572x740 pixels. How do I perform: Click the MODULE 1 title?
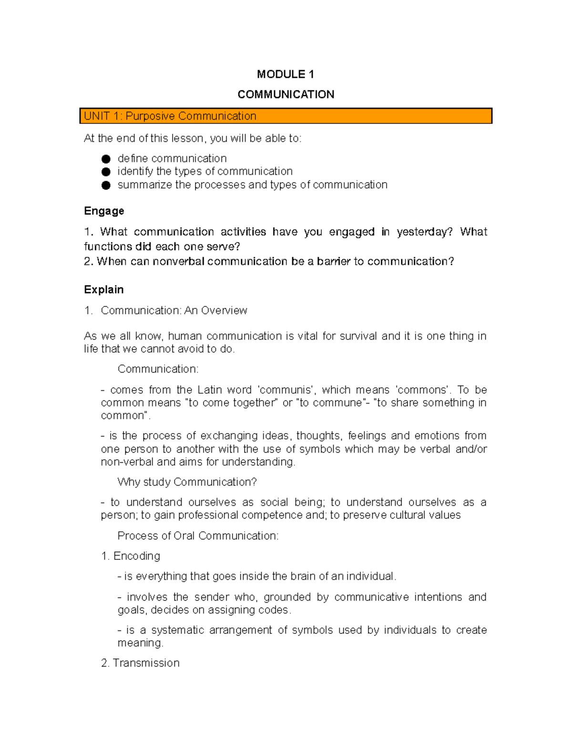(285, 74)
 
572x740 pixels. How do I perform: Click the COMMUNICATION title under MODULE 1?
(286, 94)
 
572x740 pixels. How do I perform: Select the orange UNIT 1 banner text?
(170, 116)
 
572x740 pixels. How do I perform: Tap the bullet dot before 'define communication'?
(106, 159)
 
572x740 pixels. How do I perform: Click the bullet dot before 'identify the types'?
(106, 172)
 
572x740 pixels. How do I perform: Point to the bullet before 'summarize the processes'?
(106, 185)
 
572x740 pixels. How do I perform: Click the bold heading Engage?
(104, 211)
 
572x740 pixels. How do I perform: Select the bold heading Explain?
(103, 290)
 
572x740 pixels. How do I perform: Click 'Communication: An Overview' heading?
(174, 311)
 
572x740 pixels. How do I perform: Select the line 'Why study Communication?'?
(187, 482)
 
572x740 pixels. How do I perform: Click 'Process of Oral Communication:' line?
(198, 536)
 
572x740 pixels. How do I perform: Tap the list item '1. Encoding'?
(131, 556)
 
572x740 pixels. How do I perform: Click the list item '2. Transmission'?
(140, 663)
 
